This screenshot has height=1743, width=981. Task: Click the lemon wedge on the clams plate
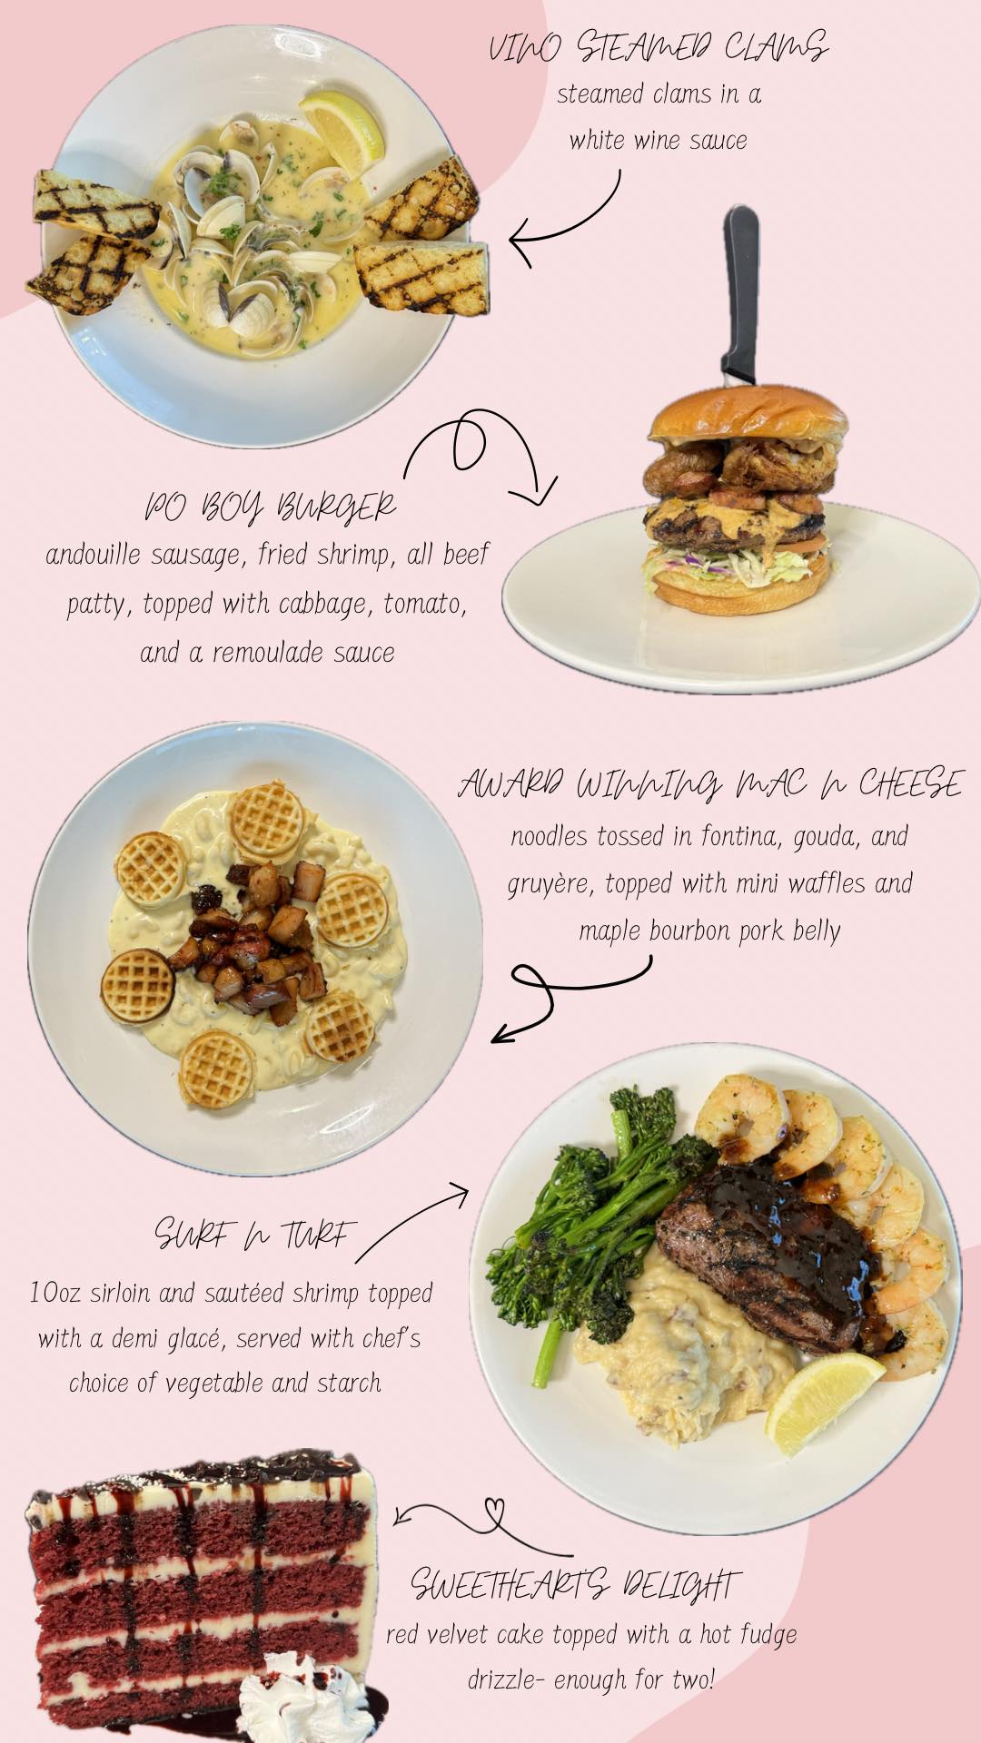[342, 133]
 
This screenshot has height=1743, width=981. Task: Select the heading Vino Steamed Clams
[658, 47]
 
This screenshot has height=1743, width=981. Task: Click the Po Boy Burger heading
[271, 507]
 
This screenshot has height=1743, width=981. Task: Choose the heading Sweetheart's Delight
[575, 1584]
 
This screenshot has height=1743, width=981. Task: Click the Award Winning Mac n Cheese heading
[709, 784]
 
